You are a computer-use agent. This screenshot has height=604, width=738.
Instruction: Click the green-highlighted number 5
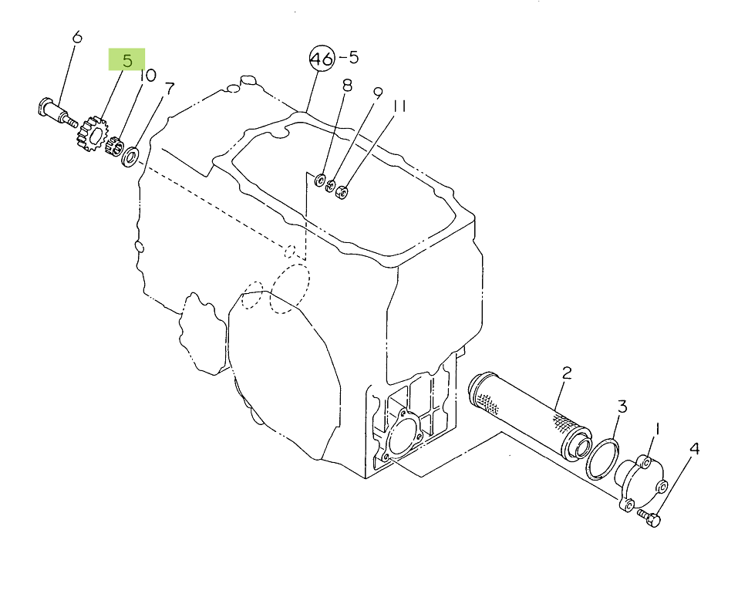pyautogui.click(x=127, y=60)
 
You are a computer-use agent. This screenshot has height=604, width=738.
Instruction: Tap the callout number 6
pyautogui.click(x=76, y=37)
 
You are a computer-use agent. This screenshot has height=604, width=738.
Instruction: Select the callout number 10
pyautogui.click(x=148, y=76)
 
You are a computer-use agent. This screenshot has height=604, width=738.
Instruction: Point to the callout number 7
pyautogui.click(x=170, y=89)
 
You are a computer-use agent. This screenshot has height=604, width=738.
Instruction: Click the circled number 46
pyautogui.click(x=322, y=59)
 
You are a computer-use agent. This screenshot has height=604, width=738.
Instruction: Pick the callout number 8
pyautogui.click(x=347, y=85)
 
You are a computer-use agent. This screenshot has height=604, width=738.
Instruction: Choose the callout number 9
pyautogui.click(x=378, y=93)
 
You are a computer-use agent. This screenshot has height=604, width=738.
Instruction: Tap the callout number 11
pyautogui.click(x=399, y=106)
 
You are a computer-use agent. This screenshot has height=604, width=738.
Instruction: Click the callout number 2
pyautogui.click(x=567, y=373)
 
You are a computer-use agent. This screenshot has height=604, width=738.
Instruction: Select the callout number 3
pyautogui.click(x=622, y=407)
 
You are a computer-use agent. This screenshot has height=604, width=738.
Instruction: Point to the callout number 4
pyautogui.click(x=694, y=449)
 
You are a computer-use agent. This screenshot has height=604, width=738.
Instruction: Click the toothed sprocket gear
pyautogui.click(x=93, y=134)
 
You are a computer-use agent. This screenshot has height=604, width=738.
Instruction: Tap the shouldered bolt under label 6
pyautogui.click(x=56, y=113)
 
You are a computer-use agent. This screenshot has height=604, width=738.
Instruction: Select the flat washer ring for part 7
pyautogui.click(x=131, y=157)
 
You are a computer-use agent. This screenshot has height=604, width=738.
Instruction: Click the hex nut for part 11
pyautogui.click(x=342, y=191)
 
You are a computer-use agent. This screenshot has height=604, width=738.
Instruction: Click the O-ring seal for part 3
pyautogui.click(x=603, y=458)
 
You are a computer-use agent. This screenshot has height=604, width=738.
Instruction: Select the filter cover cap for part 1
pyautogui.click(x=641, y=483)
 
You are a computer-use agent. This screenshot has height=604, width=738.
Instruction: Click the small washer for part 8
pyautogui.click(x=319, y=180)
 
